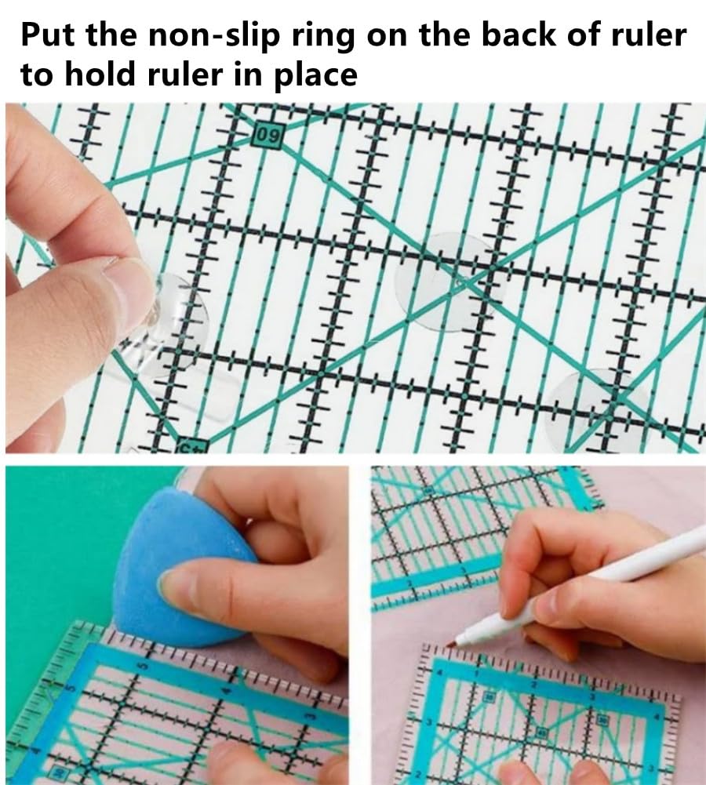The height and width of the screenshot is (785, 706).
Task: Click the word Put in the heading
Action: (49, 38)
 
